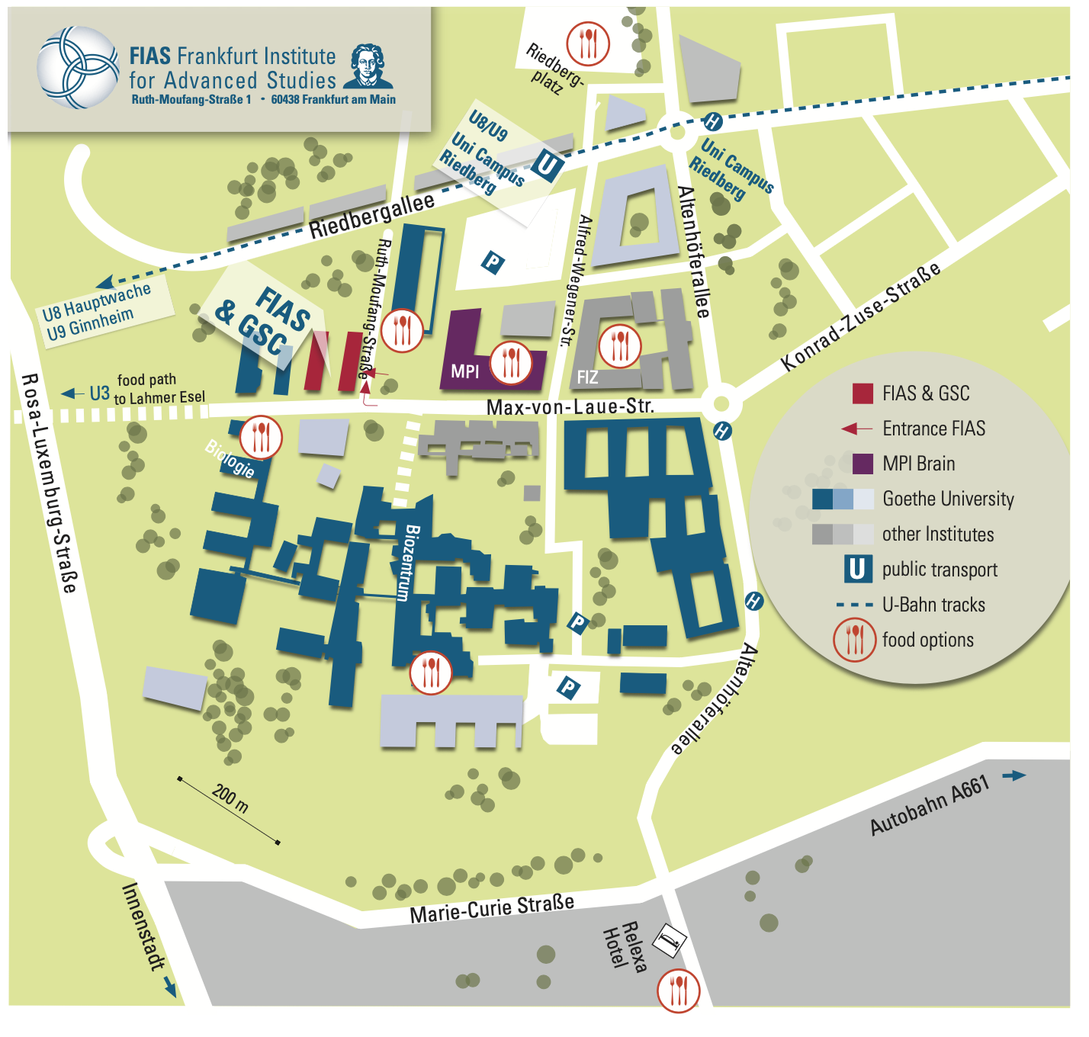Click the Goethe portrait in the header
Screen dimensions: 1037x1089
pyautogui.click(x=368, y=67)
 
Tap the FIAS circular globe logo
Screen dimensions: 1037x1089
pyautogui.click(x=78, y=68)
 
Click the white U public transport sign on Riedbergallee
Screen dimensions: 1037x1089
pyautogui.click(x=547, y=165)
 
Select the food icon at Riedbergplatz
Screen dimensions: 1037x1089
pyautogui.click(x=588, y=43)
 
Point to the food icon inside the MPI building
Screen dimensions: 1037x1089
pyautogui.click(x=511, y=362)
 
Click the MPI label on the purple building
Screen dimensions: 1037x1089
pyautogui.click(x=464, y=371)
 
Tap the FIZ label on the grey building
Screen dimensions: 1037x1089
pyautogui.click(x=587, y=377)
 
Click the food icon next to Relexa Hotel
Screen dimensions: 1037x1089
pyautogui.click(x=678, y=990)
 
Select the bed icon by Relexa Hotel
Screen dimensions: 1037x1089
pyautogui.click(x=670, y=940)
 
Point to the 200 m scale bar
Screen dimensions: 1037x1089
pyautogui.click(x=229, y=811)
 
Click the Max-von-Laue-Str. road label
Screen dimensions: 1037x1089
pyautogui.click(x=570, y=406)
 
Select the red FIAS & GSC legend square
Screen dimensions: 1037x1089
pyautogui.click(x=863, y=393)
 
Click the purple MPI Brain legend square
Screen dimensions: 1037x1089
pyautogui.click(x=863, y=464)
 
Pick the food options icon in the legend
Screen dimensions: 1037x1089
pyautogui.click(x=855, y=640)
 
